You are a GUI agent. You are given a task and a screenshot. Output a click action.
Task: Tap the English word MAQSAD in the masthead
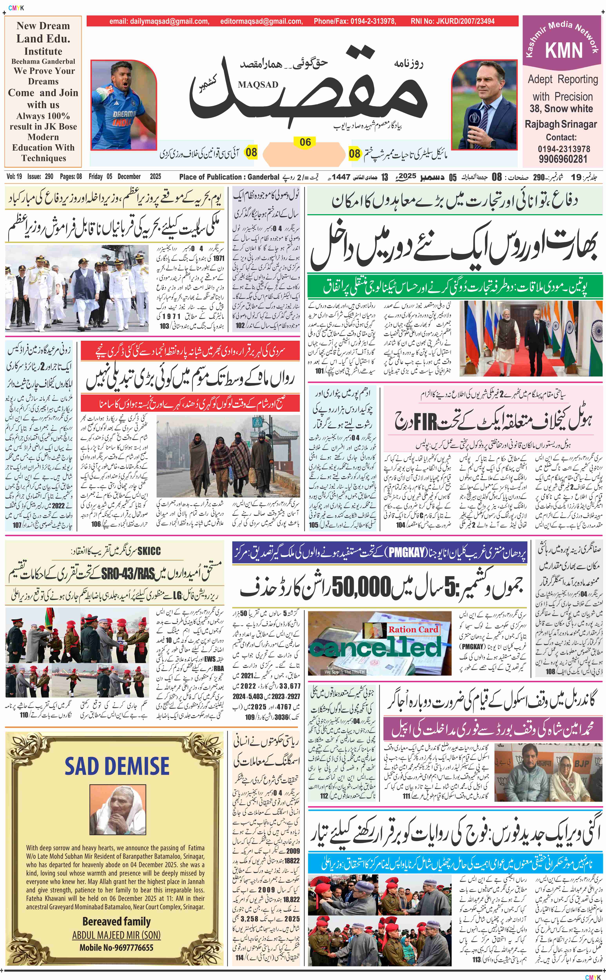point(258,84)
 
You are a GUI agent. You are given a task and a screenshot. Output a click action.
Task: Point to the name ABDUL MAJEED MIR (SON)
point(116,935)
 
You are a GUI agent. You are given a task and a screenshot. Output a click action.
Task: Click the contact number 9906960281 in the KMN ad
point(563,159)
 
